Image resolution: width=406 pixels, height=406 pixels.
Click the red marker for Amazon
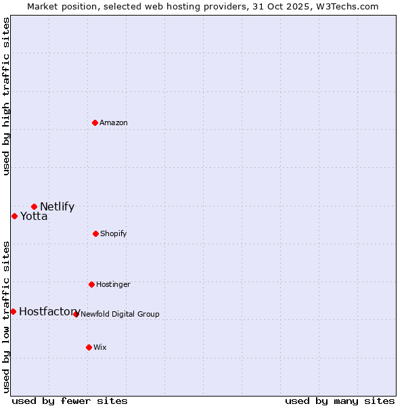tap(95, 122)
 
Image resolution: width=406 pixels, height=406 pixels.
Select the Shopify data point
tap(95, 233)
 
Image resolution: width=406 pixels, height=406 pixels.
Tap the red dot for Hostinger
tap(91, 284)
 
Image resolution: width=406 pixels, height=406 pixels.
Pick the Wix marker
tap(89, 347)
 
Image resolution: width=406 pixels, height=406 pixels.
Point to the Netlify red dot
tap(34, 206)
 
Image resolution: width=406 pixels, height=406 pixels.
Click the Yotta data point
tap(14, 216)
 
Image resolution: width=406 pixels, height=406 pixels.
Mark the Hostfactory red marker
tap(13, 311)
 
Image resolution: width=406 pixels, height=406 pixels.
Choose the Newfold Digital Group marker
tap(76, 314)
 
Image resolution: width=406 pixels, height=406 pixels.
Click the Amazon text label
tap(114, 123)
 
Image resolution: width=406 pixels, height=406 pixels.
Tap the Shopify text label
tap(114, 234)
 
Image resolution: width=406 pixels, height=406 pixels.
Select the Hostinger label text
tap(113, 285)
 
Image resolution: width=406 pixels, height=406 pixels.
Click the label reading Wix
tap(100, 348)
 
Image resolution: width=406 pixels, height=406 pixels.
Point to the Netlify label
tap(57, 207)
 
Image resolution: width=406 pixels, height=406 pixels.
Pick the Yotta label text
tap(34, 217)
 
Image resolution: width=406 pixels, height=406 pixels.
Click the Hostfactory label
tap(49, 312)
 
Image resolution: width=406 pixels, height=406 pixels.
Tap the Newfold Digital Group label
tap(120, 314)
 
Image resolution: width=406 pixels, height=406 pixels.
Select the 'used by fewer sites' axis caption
tap(70, 401)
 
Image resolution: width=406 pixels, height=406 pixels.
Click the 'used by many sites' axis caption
tap(340, 401)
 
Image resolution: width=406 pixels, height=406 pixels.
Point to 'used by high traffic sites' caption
tap(6, 96)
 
